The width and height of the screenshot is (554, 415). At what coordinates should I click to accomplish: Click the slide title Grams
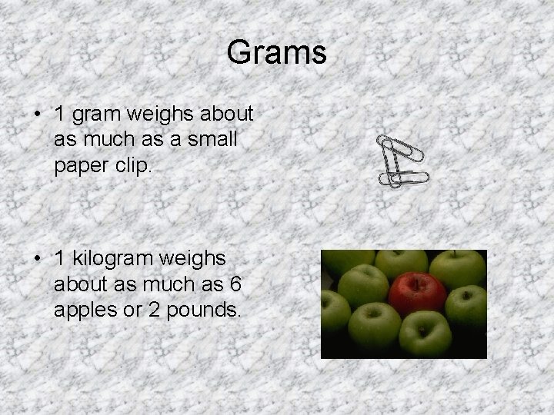coord(277,53)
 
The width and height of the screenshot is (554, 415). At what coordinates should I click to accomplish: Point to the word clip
coord(132,167)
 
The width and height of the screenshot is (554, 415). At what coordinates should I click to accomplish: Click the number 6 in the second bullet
coord(235,285)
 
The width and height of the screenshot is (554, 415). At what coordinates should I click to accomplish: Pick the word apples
coord(84,311)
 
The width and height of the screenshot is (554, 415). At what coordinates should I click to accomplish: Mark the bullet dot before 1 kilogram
coord(38,260)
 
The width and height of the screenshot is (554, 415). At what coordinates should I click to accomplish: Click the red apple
coord(416,295)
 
